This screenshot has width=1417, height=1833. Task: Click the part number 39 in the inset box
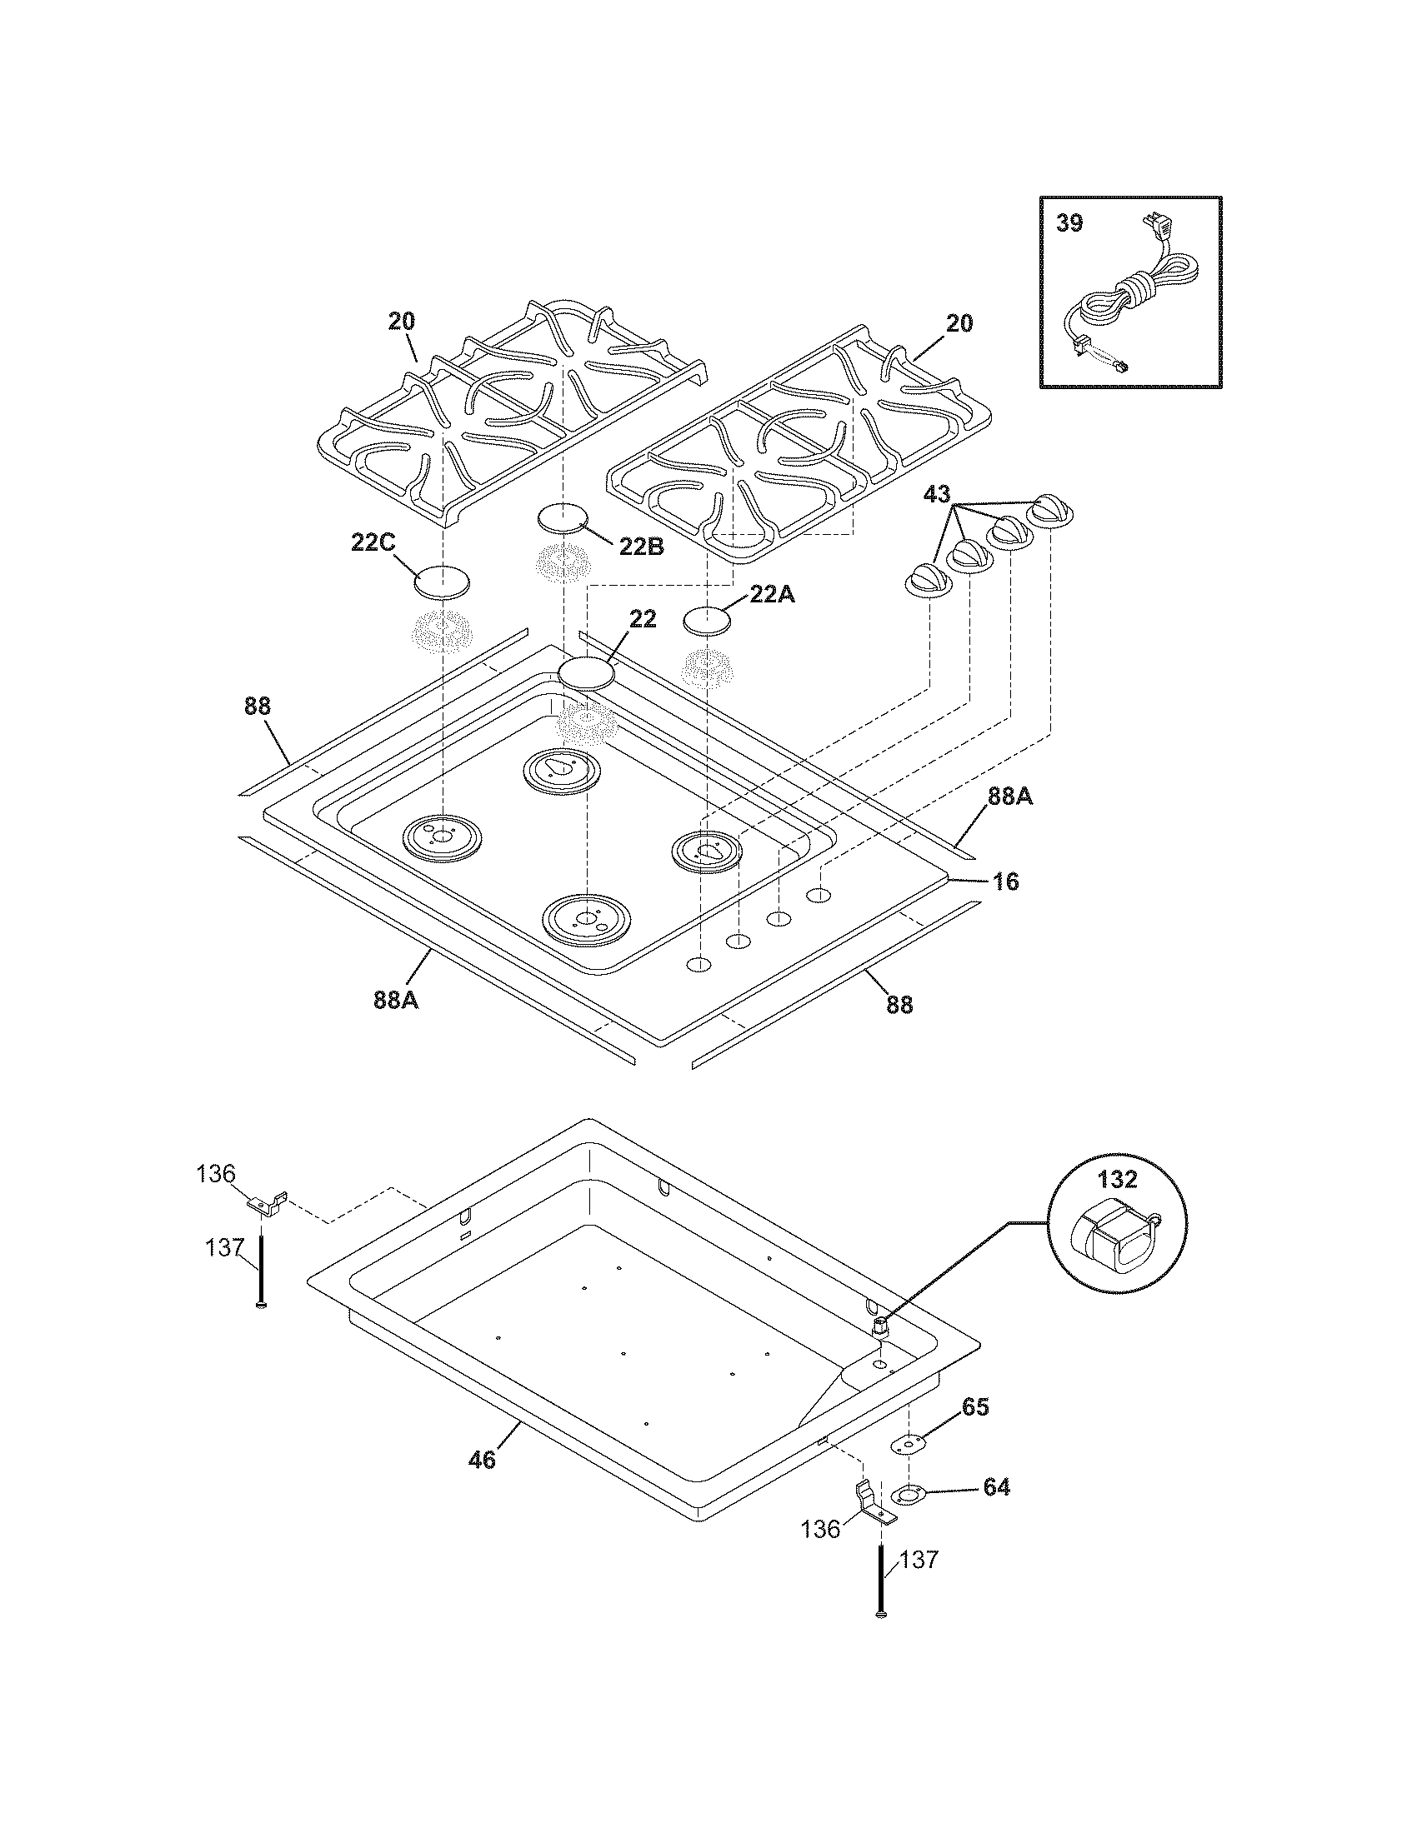1069,223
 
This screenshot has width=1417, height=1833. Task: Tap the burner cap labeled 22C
442,582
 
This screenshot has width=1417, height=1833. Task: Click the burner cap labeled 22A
706,622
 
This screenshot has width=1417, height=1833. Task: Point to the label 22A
772,594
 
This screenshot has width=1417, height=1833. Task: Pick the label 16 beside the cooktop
1006,882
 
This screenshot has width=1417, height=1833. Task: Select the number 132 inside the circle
1116,1179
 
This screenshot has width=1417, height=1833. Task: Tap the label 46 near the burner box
482,1460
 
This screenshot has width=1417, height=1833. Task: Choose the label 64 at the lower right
995,1486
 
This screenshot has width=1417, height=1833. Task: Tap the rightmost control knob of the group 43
1051,509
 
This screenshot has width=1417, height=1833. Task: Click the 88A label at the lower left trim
395,1001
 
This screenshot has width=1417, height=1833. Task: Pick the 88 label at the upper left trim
258,706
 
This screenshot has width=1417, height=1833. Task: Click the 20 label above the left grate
401,321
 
